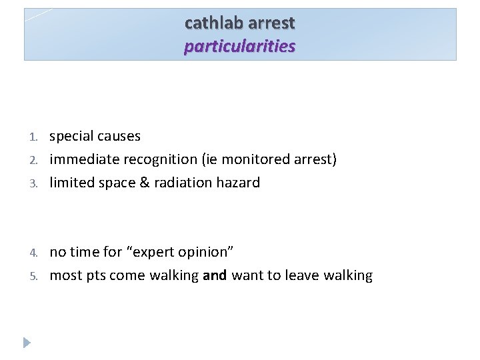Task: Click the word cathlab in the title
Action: point(213,23)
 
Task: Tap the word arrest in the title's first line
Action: point(271,23)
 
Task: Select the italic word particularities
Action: point(240,46)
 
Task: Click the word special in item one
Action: point(71,137)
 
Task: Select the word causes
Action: point(119,137)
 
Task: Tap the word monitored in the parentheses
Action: point(257,160)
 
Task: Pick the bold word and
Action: point(215,275)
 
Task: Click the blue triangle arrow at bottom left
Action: point(27,343)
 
